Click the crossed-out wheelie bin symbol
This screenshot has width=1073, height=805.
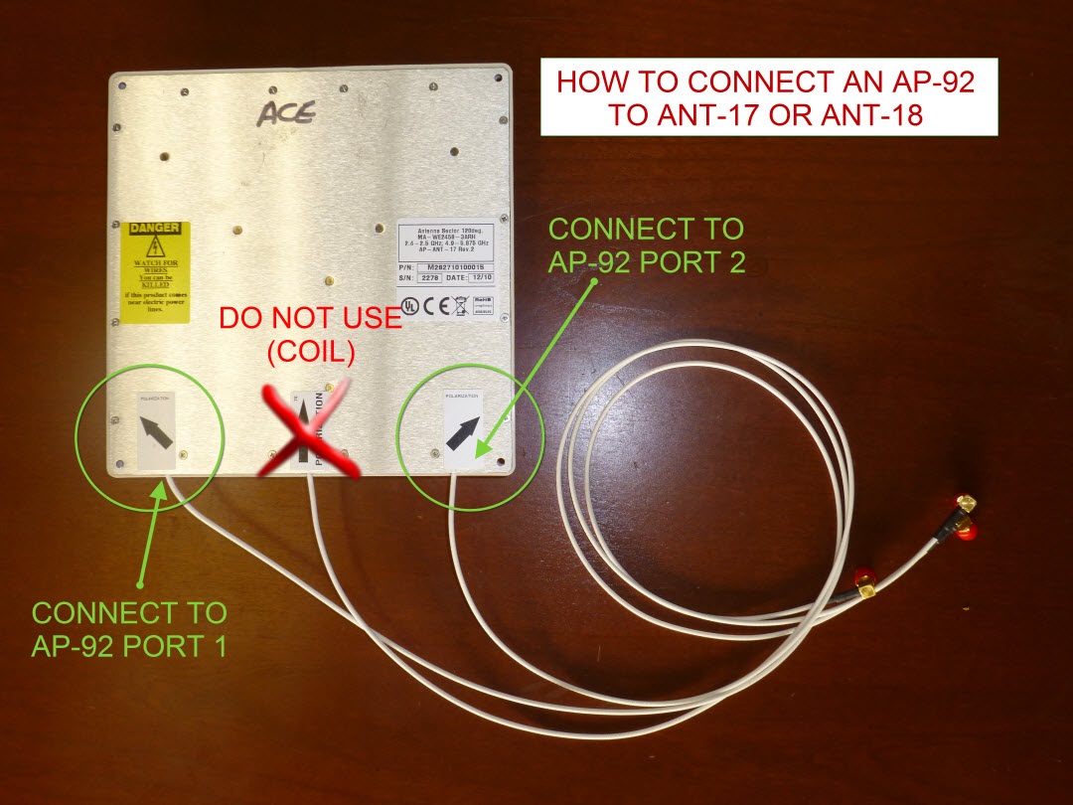click(x=460, y=304)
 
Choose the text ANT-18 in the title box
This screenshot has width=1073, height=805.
click(x=868, y=115)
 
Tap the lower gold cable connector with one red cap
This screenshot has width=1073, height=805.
click(x=865, y=583)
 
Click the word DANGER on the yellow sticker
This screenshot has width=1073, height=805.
click(x=156, y=228)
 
